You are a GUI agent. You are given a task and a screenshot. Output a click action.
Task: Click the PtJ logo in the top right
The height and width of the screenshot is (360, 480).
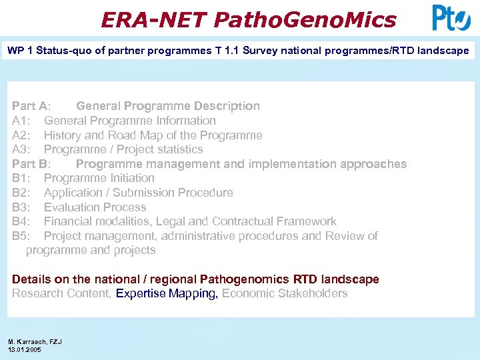(451, 18)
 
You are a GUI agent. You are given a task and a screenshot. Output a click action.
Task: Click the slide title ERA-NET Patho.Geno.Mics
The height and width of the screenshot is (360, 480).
(248, 20)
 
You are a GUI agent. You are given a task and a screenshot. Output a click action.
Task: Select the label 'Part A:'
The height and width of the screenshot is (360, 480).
(31, 106)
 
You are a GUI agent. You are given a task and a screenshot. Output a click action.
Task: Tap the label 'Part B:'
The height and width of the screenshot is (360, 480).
(31, 164)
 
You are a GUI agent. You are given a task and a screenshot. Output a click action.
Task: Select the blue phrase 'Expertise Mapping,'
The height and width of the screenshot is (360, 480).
(167, 293)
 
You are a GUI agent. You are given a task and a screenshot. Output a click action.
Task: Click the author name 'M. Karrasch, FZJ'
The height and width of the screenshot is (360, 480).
(35, 342)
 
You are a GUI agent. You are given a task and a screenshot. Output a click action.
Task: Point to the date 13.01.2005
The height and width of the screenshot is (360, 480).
(25, 349)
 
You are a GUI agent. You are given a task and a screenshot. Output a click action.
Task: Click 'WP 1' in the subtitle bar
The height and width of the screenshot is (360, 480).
(19, 51)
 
